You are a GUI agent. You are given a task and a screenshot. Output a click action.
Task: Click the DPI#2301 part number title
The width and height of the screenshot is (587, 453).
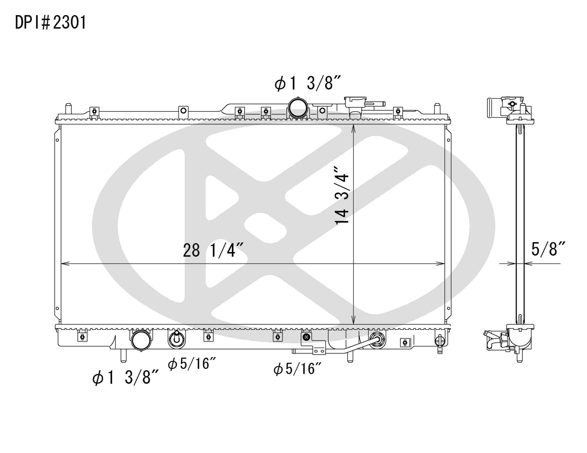(50, 22)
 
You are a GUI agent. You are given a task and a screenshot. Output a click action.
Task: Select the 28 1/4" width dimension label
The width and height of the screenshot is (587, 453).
(213, 250)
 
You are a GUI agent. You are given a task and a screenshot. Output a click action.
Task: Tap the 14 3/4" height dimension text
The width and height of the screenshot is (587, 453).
(342, 195)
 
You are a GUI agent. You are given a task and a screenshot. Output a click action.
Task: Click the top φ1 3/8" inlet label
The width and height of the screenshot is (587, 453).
(308, 83)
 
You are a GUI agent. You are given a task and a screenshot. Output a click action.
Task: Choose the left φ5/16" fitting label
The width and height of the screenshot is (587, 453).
(192, 364)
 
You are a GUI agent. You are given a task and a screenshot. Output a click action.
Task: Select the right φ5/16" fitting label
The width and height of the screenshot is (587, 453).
(297, 369)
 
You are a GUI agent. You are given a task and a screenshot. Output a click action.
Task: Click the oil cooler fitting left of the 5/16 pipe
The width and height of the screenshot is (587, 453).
(177, 339)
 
